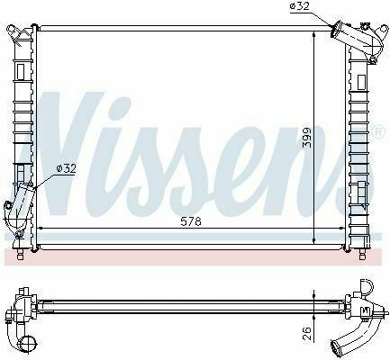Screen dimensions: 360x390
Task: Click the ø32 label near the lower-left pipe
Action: point(67,166)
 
